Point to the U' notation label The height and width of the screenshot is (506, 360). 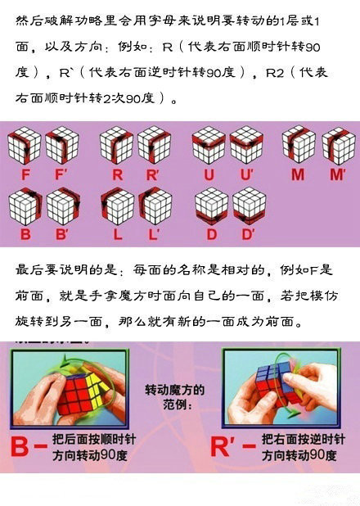pyautogui.click(x=248, y=174)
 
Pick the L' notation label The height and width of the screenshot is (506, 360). pyautogui.click(x=155, y=235)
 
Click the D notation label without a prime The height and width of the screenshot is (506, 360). pyautogui.click(x=211, y=235)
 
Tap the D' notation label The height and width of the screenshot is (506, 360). pyautogui.click(x=250, y=235)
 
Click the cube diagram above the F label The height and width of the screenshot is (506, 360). pyautogui.click(x=23, y=146)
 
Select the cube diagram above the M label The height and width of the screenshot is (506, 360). pyautogui.click(x=299, y=145)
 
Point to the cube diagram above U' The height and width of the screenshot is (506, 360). pyautogui.click(x=246, y=145)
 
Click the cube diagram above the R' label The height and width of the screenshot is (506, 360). pyautogui.click(x=154, y=145)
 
